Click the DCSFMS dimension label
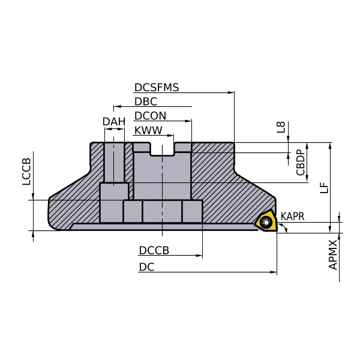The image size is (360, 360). (157, 88)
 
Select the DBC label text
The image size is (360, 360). (146, 101)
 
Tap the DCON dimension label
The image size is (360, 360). (150, 116)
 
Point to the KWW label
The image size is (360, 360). (148, 130)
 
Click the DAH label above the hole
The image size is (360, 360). (114, 122)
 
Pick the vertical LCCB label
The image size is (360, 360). (26, 172)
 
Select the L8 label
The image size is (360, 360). (281, 127)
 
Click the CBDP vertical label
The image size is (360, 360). (301, 163)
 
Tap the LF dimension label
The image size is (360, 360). (324, 188)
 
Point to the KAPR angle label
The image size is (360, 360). (293, 216)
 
